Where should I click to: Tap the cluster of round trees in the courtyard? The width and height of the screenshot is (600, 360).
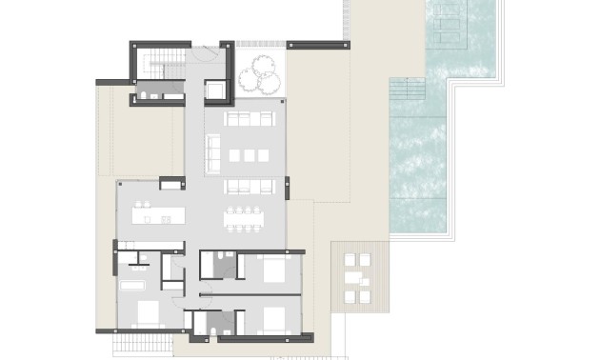259,70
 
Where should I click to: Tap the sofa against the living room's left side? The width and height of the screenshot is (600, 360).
212,150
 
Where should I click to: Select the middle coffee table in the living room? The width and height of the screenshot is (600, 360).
250,155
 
